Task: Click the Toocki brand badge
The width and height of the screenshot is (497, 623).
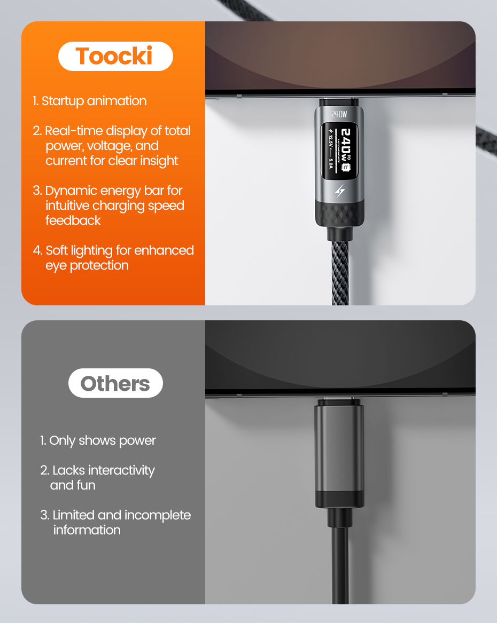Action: pos(115,56)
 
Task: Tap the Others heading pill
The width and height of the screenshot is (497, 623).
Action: pos(115,383)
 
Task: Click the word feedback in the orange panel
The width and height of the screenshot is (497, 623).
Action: pos(73,220)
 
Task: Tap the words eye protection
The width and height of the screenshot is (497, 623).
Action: pos(87,265)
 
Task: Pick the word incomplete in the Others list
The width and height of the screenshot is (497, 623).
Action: pos(157,515)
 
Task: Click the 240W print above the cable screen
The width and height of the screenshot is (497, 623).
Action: pos(339,114)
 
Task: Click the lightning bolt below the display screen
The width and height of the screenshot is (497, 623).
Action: pos(339,192)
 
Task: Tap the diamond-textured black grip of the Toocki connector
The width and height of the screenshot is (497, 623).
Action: pos(339,213)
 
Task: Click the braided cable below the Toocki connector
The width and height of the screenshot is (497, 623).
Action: pos(339,272)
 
